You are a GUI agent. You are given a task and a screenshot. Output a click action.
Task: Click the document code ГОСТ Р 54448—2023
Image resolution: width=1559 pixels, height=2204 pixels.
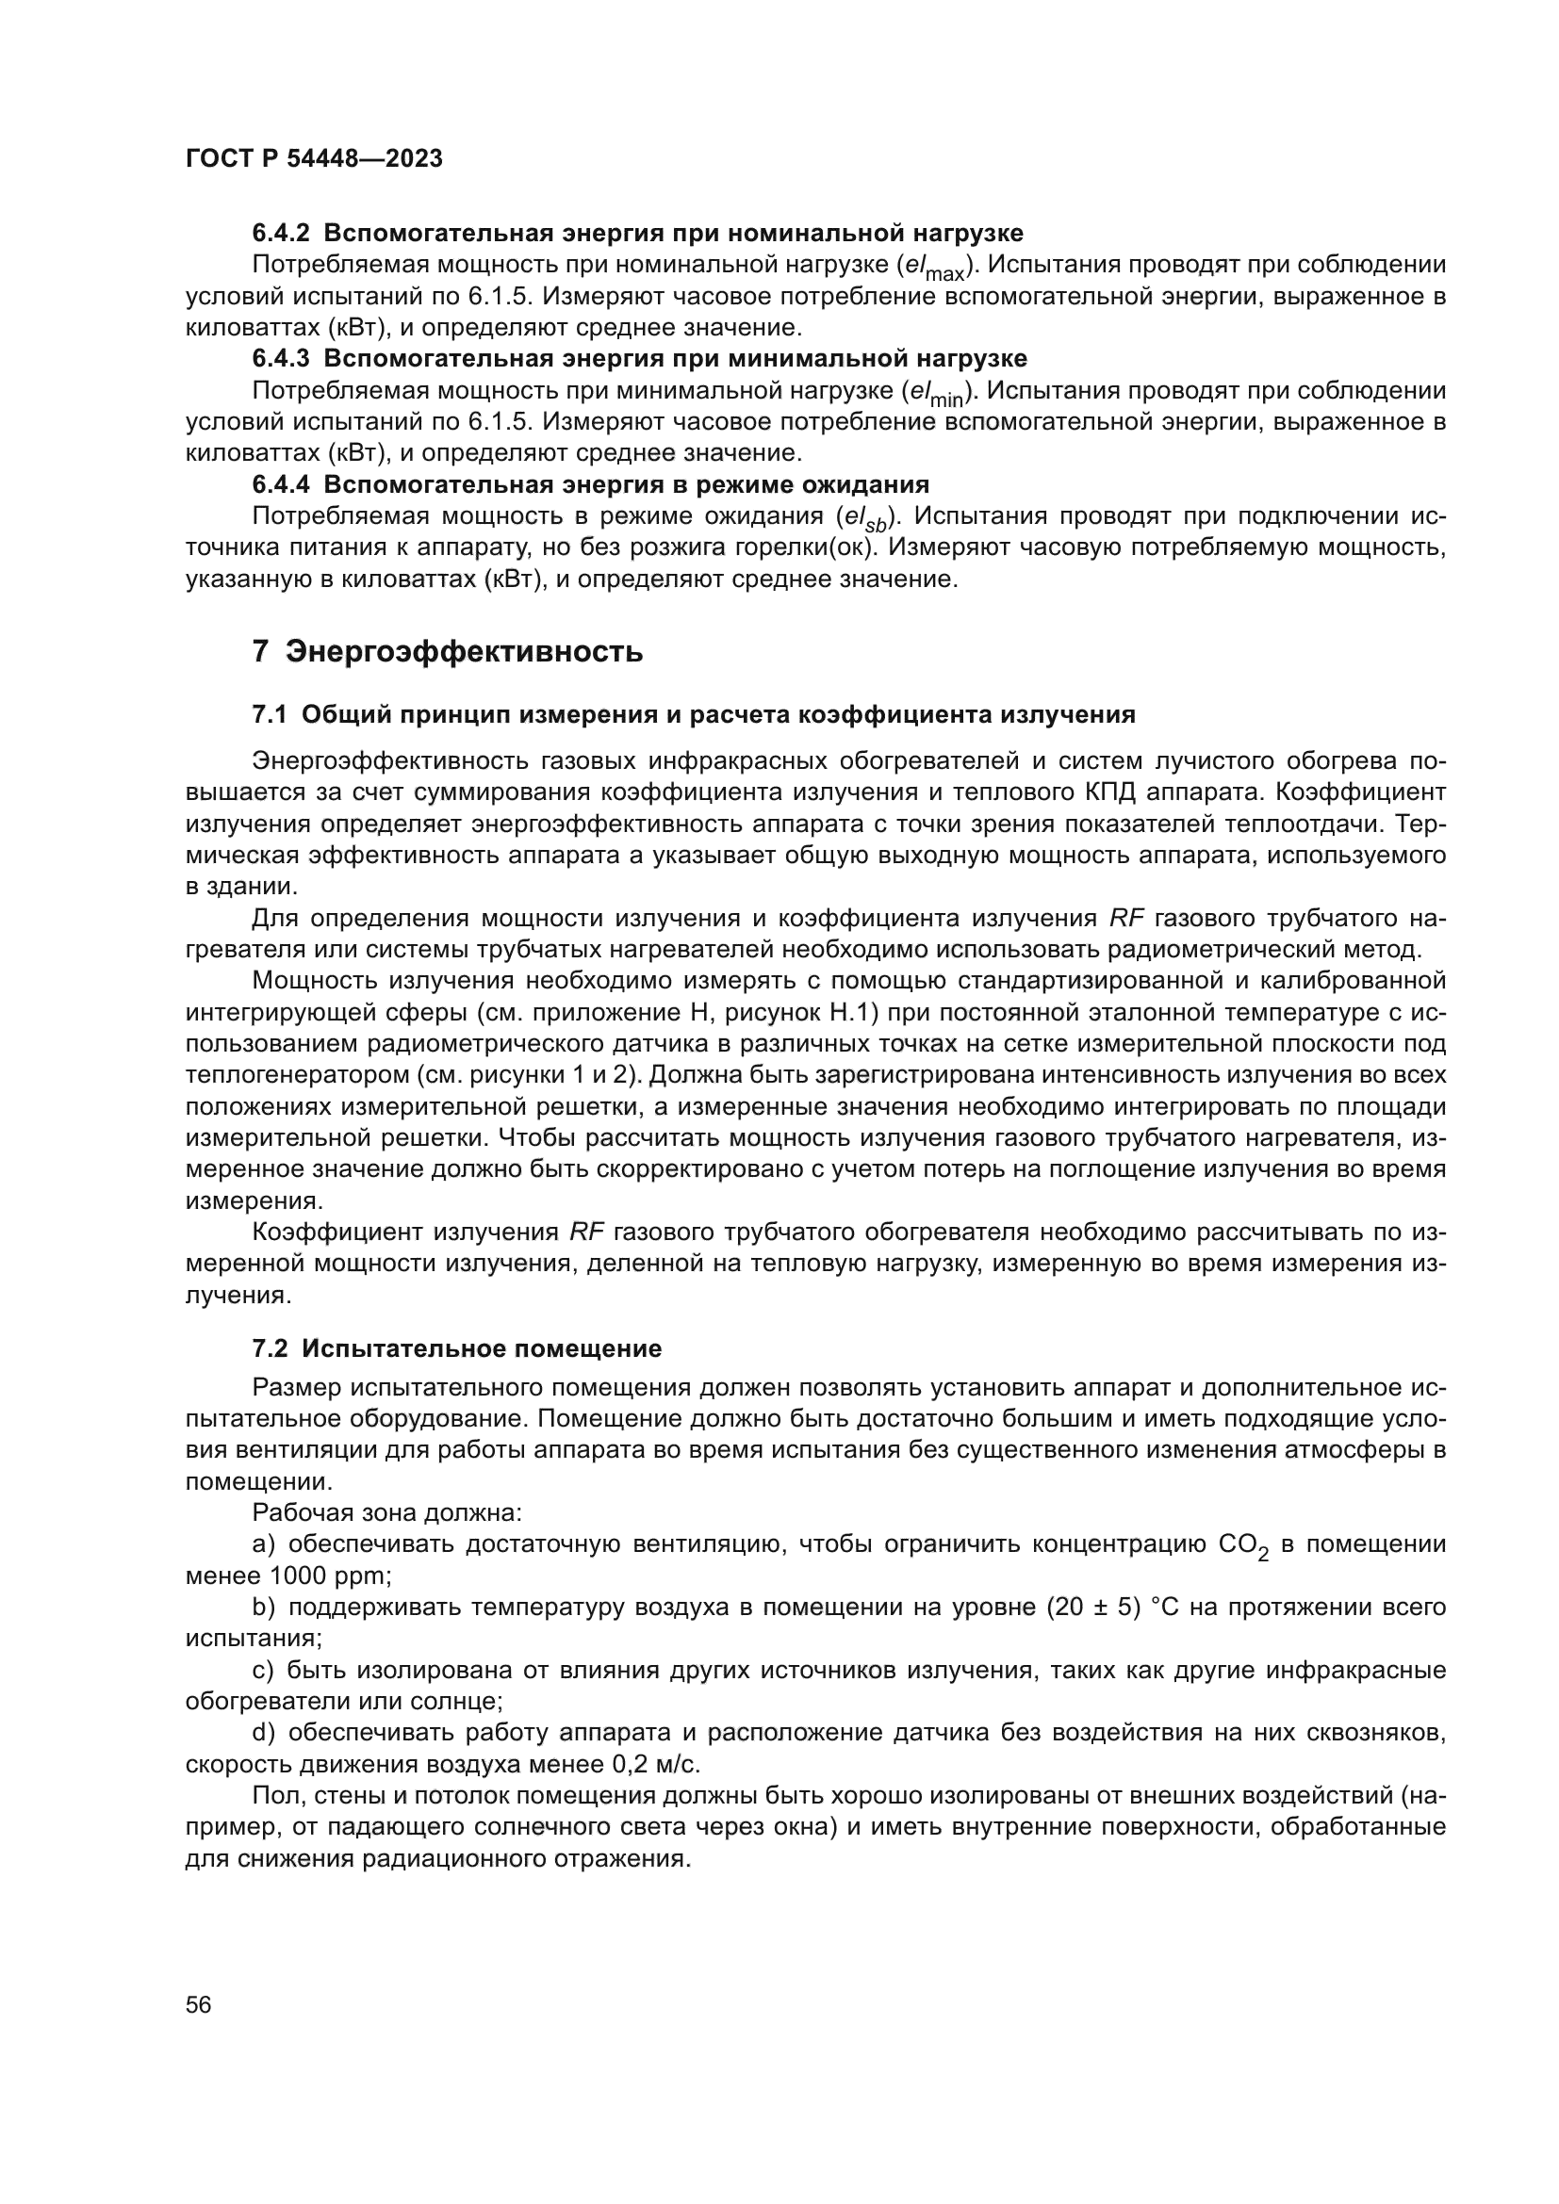click(x=314, y=159)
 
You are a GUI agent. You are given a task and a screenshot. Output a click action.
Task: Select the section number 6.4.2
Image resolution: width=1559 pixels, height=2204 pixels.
click(x=281, y=234)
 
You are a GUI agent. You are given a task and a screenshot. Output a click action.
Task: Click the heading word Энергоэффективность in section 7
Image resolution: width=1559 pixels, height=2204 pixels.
click(x=466, y=652)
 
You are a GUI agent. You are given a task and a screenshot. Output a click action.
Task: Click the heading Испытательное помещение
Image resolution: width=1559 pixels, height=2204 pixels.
click(x=482, y=1348)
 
